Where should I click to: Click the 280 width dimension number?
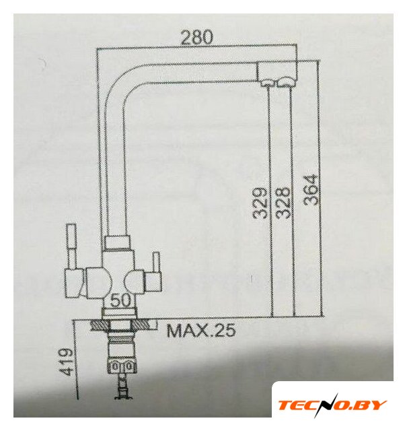tap(196, 37)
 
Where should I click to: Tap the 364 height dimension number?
tap(311, 190)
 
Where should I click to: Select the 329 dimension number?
tap(260, 203)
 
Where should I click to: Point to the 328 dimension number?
tap(283, 203)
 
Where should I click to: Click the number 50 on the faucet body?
tap(121, 300)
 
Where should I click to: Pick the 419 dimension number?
tap(66, 362)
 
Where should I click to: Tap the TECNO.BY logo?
tap(332, 405)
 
